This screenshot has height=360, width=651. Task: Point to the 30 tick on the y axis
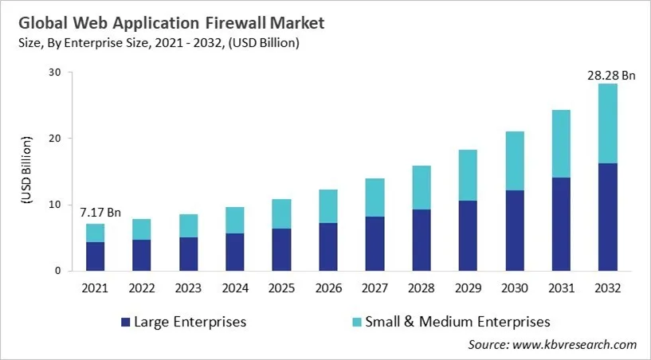[x=55, y=72]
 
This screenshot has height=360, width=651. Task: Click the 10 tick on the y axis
[x=55, y=205]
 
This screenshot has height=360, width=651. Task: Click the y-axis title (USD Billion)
[x=26, y=171]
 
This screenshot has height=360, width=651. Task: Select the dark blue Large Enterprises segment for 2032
[x=607, y=217]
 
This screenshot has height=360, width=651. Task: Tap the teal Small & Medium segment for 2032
[x=607, y=123]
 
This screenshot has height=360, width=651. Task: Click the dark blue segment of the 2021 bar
[x=95, y=256]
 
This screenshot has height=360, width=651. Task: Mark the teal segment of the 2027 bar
[x=374, y=198]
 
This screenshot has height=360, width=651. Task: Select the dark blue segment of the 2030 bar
[x=514, y=230]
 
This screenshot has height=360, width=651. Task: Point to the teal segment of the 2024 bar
[x=234, y=220]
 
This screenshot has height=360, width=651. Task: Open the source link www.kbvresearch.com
[x=575, y=345]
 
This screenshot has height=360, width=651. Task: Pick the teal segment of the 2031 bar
[x=560, y=143]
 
